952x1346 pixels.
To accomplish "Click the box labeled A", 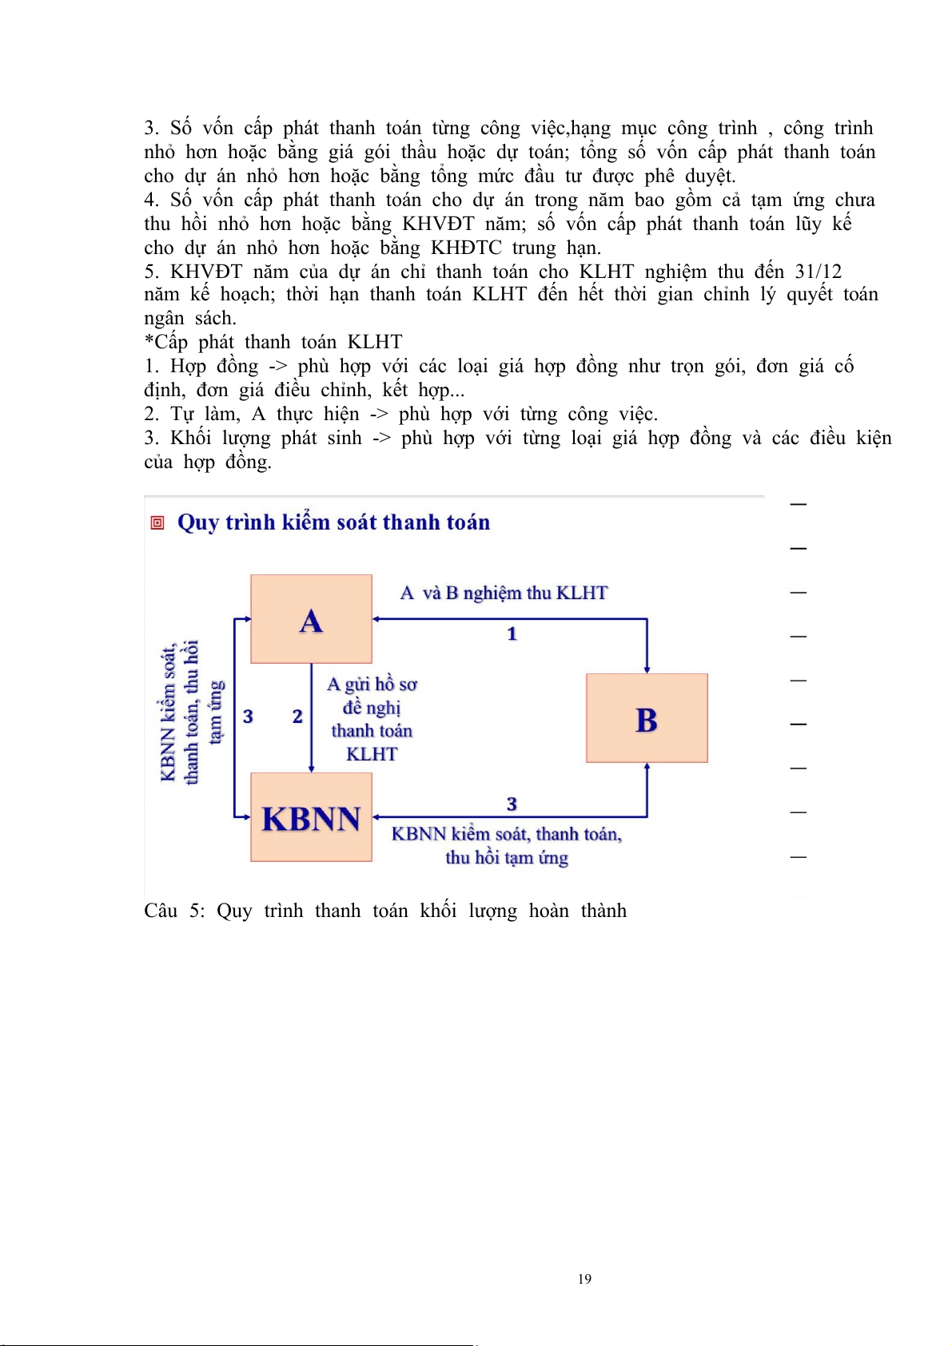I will click(311, 619).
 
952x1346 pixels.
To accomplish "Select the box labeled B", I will click(647, 718).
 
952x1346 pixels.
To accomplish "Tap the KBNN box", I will click(311, 817).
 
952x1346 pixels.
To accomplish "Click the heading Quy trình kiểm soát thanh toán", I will click(333, 522).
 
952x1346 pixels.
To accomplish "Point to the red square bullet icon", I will click(157, 523).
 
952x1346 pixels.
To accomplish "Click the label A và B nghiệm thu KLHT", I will click(504, 593).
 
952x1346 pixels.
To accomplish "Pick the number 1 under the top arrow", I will click(512, 634).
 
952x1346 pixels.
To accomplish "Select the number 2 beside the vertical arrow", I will click(297, 717).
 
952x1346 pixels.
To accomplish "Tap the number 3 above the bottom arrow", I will click(512, 804).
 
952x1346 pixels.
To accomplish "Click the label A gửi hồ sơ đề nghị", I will click(372, 696).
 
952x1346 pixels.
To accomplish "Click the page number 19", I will click(584, 1279).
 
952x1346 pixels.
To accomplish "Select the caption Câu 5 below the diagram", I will click(385, 911).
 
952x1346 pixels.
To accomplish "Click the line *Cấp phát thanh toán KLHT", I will click(273, 342).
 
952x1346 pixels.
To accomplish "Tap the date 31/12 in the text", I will click(818, 272).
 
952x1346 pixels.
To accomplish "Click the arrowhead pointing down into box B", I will click(647, 669).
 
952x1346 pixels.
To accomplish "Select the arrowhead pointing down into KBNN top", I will click(311, 768).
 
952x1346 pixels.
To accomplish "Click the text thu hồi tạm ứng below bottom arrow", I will click(507, 858).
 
